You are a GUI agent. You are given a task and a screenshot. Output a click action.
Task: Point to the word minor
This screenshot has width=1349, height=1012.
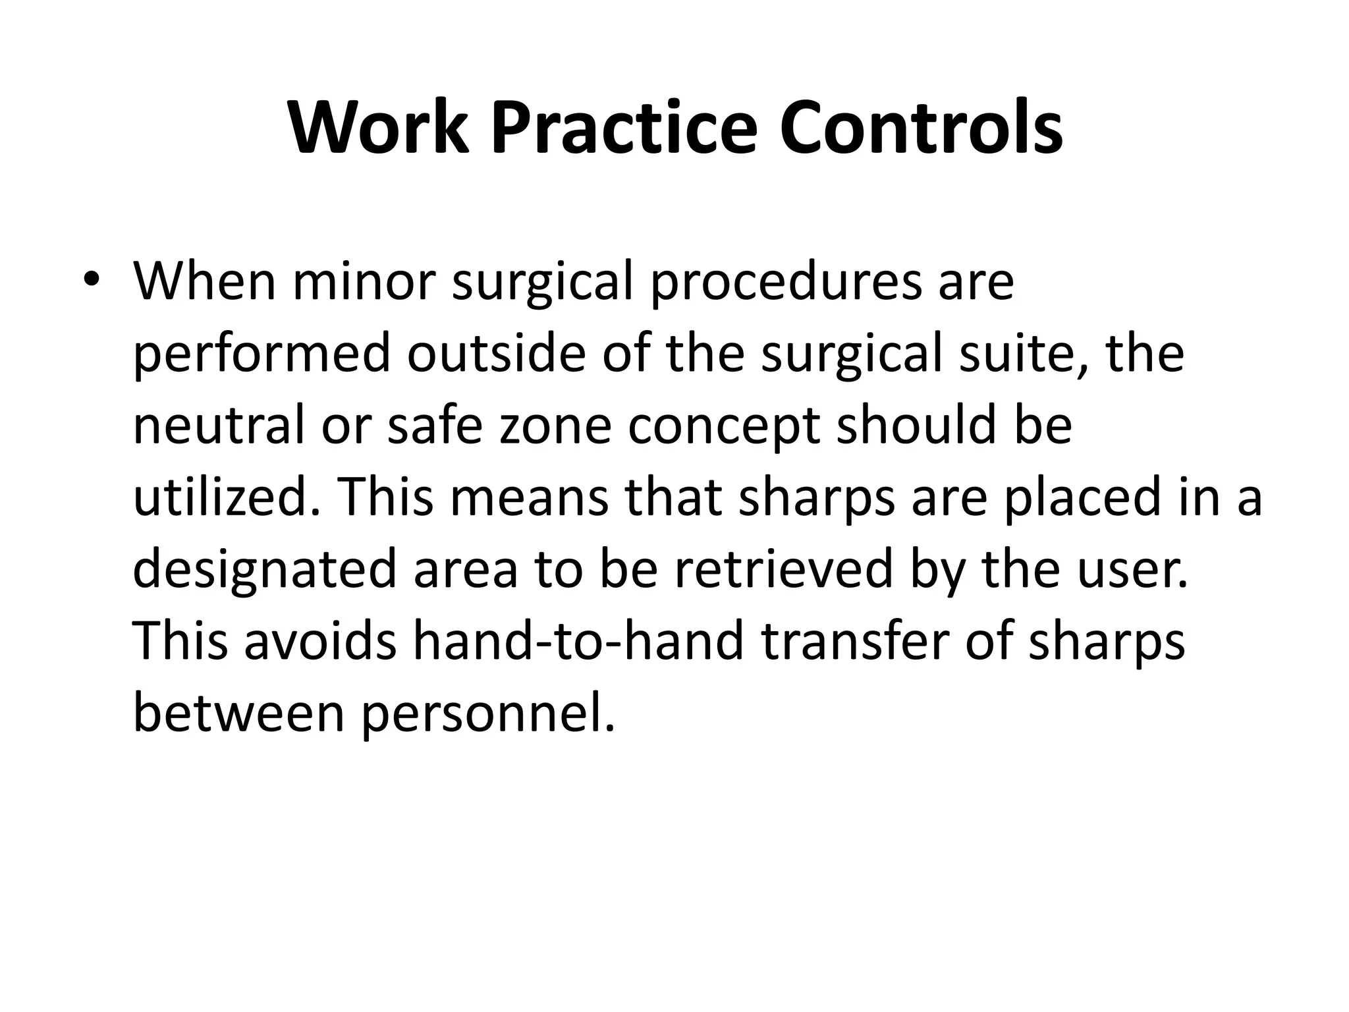click(364, 282)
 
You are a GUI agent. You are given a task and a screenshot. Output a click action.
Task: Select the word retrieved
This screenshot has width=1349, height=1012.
click(783, 570)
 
